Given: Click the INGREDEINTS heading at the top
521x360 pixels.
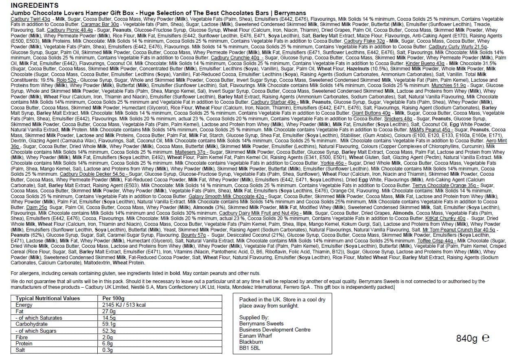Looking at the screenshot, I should tap(34, 6).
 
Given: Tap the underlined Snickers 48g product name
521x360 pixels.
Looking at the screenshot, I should tap(398, 118).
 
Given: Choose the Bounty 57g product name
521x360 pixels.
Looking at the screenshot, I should tap(193, 235).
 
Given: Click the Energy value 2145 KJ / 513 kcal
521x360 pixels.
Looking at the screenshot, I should tap(124, 305).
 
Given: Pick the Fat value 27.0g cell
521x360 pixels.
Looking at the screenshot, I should tap(109, 311).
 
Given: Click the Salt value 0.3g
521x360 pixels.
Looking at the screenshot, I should tap(107, 350).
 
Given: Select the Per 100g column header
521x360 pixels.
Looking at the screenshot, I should tap(114, 298).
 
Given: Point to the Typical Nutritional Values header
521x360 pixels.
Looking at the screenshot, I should tap(48, 298).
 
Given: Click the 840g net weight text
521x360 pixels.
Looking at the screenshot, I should tap(467, 338).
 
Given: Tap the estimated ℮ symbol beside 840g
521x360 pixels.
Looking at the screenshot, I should tap(485, 338).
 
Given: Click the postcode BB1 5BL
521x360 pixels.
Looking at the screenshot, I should tap(250, 348).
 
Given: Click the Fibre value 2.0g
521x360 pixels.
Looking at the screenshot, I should tap(107, 337).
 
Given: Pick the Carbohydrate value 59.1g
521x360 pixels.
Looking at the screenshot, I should tap(109, 324).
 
